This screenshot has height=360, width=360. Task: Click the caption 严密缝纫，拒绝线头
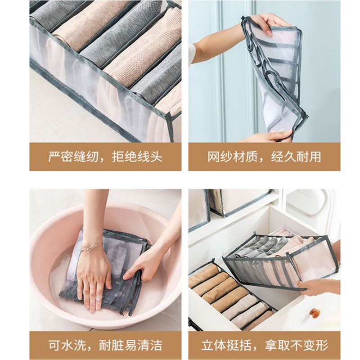105,157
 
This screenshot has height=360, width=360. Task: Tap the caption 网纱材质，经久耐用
264,157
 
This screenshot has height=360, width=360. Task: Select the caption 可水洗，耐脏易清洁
105,345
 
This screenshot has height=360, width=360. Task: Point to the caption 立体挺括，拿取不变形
265,345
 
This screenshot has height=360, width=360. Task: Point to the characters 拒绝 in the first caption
124,157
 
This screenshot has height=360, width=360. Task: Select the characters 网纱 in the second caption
220,157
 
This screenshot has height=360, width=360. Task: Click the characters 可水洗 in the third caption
67,345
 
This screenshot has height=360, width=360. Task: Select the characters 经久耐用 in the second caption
296,157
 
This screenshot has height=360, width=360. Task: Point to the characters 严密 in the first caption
60,157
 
